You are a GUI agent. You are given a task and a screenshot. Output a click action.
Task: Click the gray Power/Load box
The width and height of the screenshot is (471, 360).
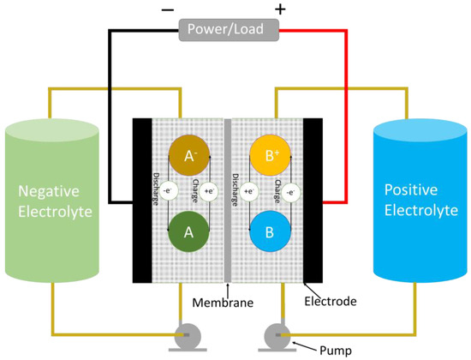pyautogui.click(x=229, y=31)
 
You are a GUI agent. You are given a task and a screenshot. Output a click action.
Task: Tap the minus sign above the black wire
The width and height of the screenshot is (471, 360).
pyautogui.click(x=166, y=10)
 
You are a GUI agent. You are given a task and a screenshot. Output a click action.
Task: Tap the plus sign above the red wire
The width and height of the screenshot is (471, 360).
pyautogui.click(x=279, y=10)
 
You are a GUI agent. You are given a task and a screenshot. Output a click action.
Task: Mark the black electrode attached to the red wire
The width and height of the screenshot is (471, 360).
pyautogui.click(x=313, y=201)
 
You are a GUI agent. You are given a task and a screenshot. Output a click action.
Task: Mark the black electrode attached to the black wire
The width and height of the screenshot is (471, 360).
pyautogui.click(x=140, y=201)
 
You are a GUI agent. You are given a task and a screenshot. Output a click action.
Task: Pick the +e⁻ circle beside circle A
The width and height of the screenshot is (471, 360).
pyautogui.click(x=208, y=192)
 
